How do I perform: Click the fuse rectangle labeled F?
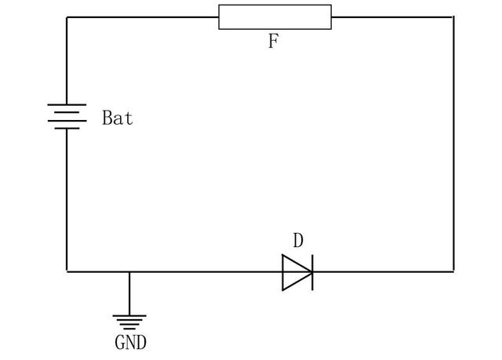click(x=275, y=16)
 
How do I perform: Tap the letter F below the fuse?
click(x=273, y=42)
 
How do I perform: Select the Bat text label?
click(x=118, y=119)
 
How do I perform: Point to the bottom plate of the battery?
click(x=67, y=128)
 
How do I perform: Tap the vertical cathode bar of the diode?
click(x=312, y=271)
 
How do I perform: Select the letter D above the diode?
click(x=297, y=241)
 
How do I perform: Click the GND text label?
click(x=130, y=343)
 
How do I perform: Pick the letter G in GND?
click(x=121, y=343)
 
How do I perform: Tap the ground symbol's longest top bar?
click(x=129, y=316)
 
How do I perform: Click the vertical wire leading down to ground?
click(x=129, y=293)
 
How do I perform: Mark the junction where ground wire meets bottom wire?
click(x=129, y=271)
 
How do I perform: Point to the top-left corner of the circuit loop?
click(x=67, y=16)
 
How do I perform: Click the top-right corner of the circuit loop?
click(x=453, y=16)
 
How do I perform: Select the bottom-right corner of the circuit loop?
click(x=453, y=271)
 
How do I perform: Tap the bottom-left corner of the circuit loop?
click(x=67, y=271)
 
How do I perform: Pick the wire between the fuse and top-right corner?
click(x=392, y=16)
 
